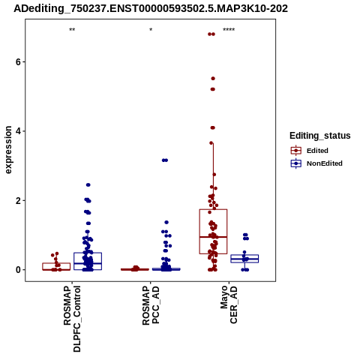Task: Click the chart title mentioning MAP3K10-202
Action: click(151, 9)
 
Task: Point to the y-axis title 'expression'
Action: click(8, 150)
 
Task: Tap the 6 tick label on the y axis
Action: click(18, 61)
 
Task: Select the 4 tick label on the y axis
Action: click(18, 131)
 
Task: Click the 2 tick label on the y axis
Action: click(18, 201)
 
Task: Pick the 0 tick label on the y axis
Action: click(18, 270)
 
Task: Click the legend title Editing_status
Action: click(320, 136)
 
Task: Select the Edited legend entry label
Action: click(317, 151)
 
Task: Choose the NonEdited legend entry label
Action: click(325, 163)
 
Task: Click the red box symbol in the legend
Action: click(296, 151)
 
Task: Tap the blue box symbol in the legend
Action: click(296, 163)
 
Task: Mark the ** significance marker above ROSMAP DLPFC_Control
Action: click(72, 30)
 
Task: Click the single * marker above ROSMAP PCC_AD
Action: click(151, 30)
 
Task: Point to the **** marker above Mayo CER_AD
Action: click(229, 30)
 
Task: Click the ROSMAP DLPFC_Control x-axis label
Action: click(72, 319)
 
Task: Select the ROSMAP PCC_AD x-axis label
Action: click(151, 305)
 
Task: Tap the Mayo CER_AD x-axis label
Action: click(229, 304)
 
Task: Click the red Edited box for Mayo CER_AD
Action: click(213, 232)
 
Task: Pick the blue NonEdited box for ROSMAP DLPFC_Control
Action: click(88, 261)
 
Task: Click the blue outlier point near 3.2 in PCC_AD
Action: click(165, 160)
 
